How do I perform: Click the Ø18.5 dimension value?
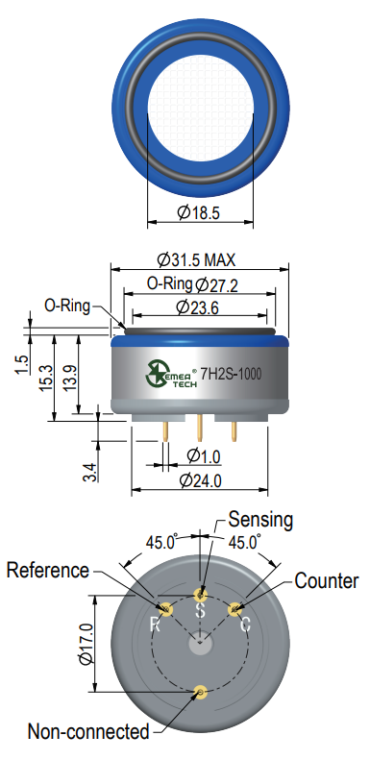click(x=198, y=212)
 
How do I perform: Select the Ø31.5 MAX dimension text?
click(x=196, y=259)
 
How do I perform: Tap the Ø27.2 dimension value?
click(x=216, y=285)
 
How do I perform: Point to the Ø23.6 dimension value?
click(x=197, y=307)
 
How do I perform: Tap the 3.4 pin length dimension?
click(x=90, y=473)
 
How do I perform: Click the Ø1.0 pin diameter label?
click(x=204, y=455)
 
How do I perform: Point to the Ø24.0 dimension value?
click(x=200, y=480)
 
